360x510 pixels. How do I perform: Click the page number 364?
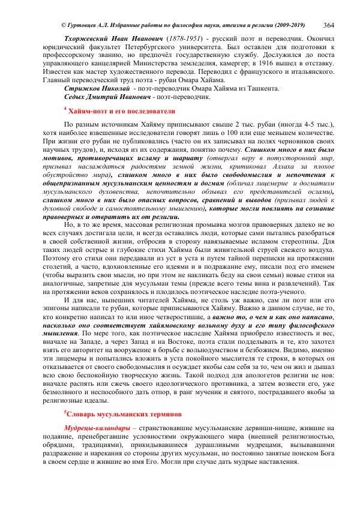click(329, 24)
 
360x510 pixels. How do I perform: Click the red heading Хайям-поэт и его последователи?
click(122, 111)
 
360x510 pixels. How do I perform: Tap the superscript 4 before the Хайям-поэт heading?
click(65, 109)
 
